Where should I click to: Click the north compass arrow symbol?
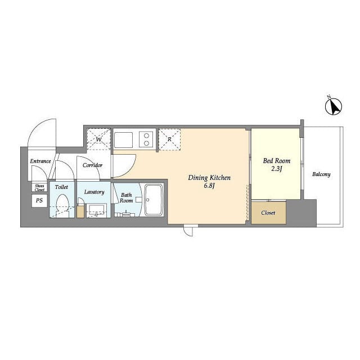click(334, 106)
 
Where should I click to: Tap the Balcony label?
click(321, 174)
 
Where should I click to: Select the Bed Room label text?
click(277, 161)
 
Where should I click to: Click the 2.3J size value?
click(277, 169)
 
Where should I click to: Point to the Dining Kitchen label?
click(209, 178)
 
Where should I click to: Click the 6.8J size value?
click(209, 186)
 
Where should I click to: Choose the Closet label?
click(268, 213)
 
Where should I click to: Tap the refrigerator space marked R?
click(169, 139)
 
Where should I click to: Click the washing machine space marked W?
click(99, 139)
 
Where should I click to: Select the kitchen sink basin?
click(124, 140)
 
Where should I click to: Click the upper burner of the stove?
click(146, 136)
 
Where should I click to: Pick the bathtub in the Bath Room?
click(154, 200)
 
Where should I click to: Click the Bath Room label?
click(126, 197)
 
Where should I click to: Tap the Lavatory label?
click(94, 192)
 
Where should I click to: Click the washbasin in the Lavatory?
click(96, 210)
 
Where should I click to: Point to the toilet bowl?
click(62, 204)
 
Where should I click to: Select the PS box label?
click(39, 200)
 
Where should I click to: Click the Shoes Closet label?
click(39, 187)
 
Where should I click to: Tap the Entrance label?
click(40, 161)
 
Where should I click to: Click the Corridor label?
click(92, 165)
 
